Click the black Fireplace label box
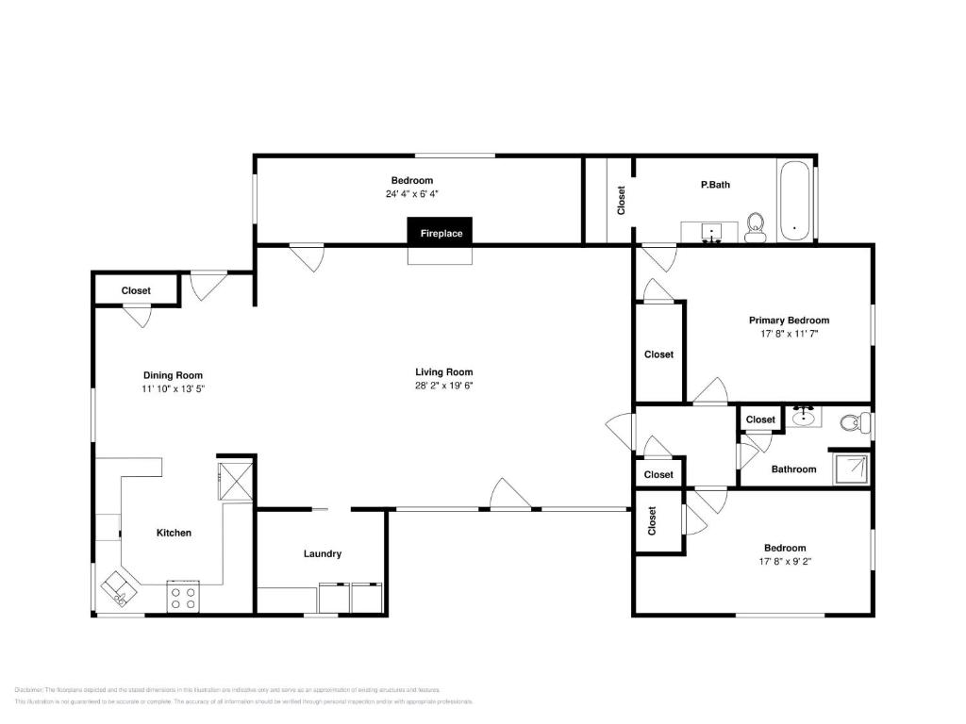441,232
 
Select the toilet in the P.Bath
755,227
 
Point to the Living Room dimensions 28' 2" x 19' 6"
443,386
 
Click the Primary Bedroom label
789,321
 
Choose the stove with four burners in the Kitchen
185,597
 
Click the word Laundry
322,554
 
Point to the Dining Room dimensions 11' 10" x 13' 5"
173,388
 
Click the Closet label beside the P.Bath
621,200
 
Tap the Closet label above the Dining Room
136,291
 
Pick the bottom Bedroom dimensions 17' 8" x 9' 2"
785,562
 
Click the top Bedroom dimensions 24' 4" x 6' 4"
412,194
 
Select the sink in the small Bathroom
805,417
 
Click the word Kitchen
174,533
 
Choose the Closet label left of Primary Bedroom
658,354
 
